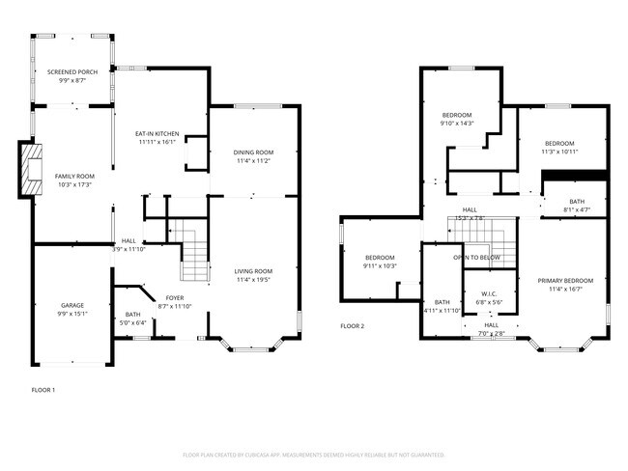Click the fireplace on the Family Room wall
[x=32, y=165]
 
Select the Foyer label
[x=174, y=298]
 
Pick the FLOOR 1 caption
[x=43, y=390]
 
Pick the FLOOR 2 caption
[x=353, y=326]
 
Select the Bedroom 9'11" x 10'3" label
[x=380, y=262]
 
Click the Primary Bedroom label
[x=565, y=284]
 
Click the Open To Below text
[x=476, y=258]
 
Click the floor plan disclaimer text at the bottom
[x=313, y=454]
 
